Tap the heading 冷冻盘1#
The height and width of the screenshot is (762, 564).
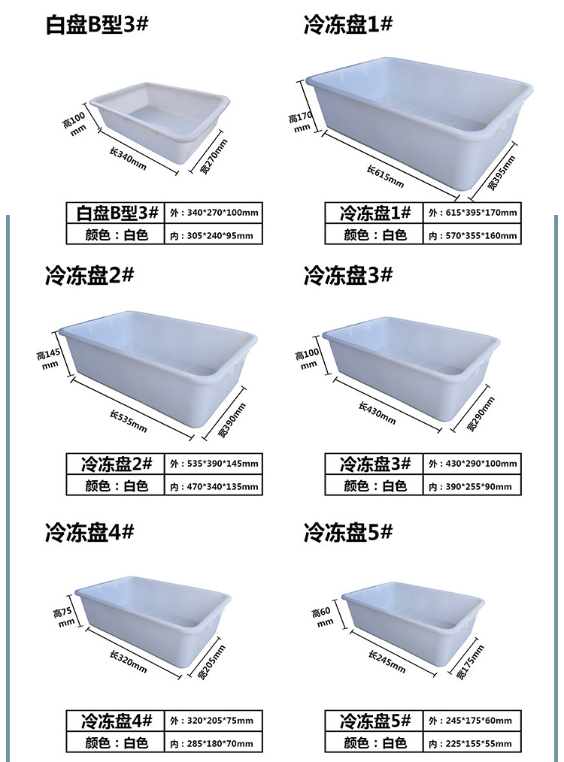coord(348,25)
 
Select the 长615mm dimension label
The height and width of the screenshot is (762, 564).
coord(386,175)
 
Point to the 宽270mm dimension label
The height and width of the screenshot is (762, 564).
coord(213,156)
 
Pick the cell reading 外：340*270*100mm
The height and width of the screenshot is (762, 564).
coord(214,213)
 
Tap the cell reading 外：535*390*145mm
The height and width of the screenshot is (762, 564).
coord(214,464)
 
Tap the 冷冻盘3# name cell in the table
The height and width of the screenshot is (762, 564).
coord(374,464)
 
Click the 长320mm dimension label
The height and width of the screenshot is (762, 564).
coord(128,664)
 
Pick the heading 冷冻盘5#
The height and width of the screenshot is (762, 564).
coord(348,534)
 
